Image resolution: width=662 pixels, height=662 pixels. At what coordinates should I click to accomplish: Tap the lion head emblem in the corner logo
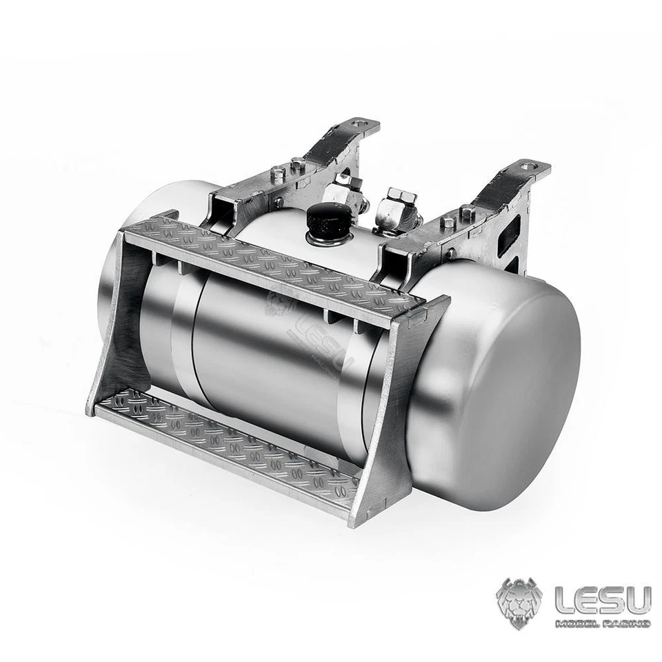coord(519,603)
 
